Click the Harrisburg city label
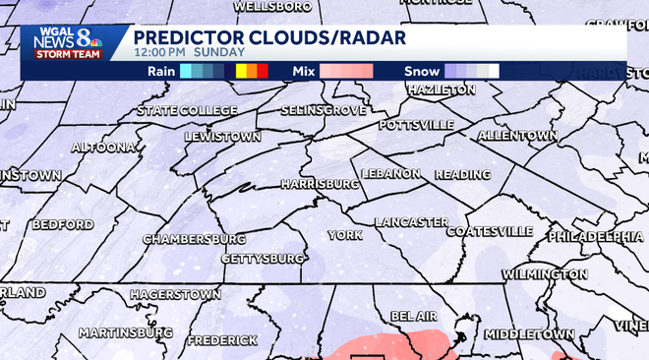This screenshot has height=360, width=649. pos(320,184)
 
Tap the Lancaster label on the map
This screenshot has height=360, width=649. pos(412,222)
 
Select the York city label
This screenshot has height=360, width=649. pos(345,236)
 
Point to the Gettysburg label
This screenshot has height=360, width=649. pos(263,258)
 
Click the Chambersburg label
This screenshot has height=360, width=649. pos(194,239)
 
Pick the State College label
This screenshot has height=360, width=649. pos(180,110)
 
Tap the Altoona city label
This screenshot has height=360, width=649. pos(103,148)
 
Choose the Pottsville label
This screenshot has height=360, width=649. pos(417,125)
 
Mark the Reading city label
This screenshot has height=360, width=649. pos(462,174)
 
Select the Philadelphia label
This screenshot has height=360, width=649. pos(595,237)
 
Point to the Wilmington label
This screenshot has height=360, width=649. pos(544,273)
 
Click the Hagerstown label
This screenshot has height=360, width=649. pos(175,294)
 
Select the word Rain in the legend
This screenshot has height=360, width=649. pos(161,71)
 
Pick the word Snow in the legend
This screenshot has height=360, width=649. pos(422,71)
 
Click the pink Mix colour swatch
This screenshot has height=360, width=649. pos(345,71)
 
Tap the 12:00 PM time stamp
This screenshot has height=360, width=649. pos(159,52)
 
